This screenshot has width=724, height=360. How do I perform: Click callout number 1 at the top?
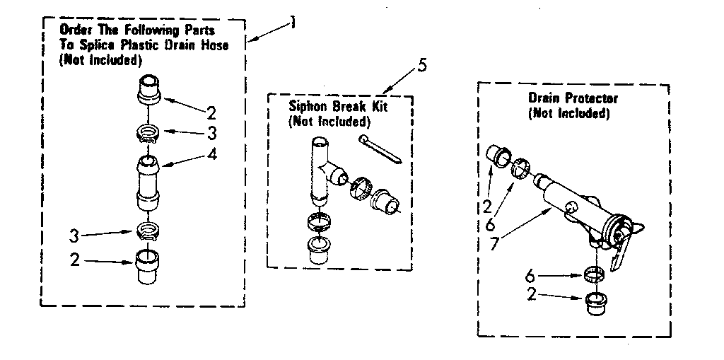click(292, 25)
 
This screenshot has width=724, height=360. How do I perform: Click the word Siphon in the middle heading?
click(305, 108)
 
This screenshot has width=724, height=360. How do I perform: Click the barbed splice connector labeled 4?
click(149, 182)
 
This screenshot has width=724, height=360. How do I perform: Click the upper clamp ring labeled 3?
click(148, 133)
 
